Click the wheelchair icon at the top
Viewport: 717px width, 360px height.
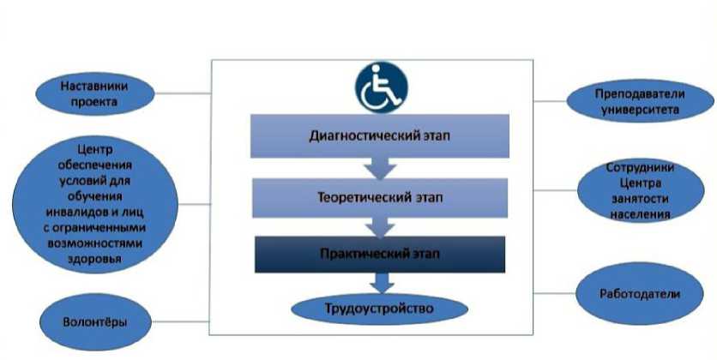pyautogui.click(x=382, y=87)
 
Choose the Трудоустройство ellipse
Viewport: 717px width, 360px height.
pyautogui.click(x=381, y=307)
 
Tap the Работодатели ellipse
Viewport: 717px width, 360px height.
pyautogui.click(x=640, y=294)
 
